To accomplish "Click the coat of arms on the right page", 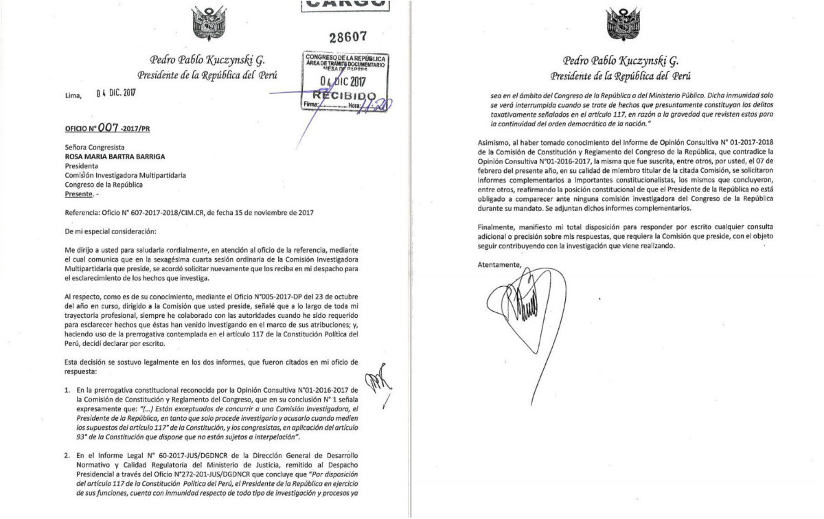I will (x=623, y=24).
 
